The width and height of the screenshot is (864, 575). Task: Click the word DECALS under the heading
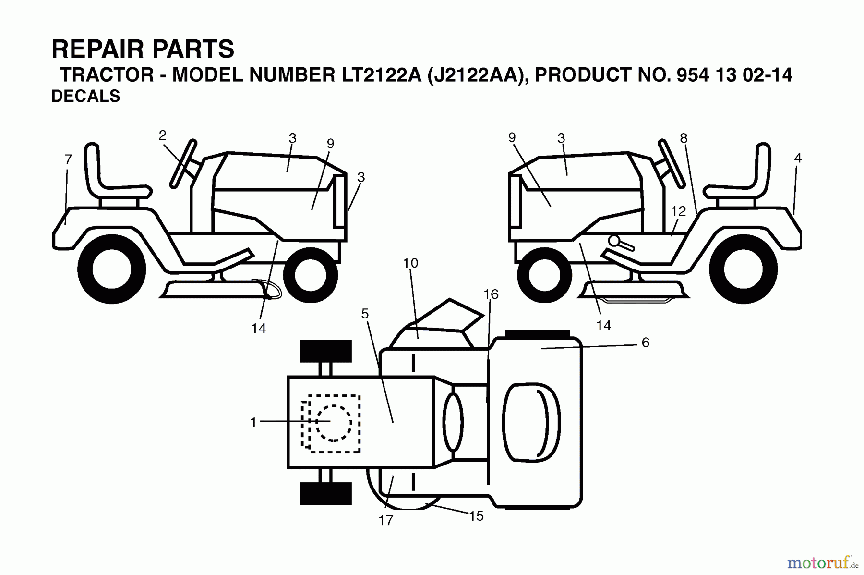tap(85, 96)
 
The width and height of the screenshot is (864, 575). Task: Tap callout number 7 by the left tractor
tap(68, 159)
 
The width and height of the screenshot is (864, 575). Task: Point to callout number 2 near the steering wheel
tap(162, 135)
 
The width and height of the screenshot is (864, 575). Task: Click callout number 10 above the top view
tap(410, 263)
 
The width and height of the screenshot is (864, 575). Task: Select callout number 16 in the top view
tap(491, 294)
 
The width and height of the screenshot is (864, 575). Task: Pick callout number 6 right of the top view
tap(645, 342)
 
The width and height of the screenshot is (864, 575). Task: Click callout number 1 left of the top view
tap(253, 422)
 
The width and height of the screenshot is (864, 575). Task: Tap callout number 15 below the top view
tap(476, 516)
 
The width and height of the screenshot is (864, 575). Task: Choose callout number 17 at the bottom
tap(386, 520)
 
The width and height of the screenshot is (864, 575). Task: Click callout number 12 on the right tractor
tap(678, 211)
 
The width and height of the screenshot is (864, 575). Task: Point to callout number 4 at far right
tap(798, 158)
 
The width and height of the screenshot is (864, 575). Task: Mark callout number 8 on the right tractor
tap(684, 138)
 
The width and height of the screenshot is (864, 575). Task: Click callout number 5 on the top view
tap(365, 314)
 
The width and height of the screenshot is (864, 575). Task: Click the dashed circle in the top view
tap(334, 423)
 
